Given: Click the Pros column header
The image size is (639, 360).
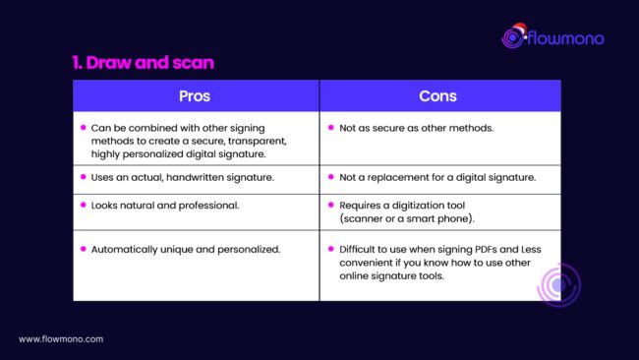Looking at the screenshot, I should (x=196, y=96).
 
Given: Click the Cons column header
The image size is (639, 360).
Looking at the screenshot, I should (x=439, y=96).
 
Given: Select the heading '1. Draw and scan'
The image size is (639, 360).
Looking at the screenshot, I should (x=144, y=63).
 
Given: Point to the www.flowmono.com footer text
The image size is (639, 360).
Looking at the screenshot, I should (x=61, y=339).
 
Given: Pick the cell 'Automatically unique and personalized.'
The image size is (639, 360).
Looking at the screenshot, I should (x=184, y=249).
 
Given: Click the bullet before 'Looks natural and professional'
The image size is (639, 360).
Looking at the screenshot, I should (x=84, y=204).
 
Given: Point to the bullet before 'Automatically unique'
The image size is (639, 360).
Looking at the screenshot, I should (x=84, y=249).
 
